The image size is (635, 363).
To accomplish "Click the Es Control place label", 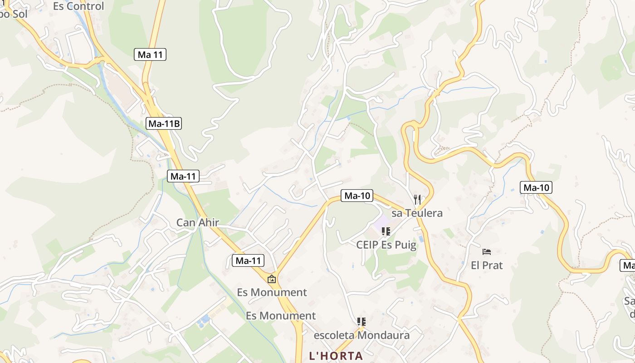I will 78,6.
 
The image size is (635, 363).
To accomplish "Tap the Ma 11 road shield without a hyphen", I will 150,54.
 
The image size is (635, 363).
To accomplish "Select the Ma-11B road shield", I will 164,123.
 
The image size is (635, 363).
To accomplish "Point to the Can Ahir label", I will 197,222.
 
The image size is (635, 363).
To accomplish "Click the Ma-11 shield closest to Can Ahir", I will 183,176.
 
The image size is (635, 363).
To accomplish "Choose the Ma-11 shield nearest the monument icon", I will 248,260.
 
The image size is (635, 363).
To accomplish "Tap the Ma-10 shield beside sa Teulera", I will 357,196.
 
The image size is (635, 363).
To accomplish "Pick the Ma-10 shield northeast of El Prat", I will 536,187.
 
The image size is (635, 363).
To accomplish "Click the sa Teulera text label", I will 417,213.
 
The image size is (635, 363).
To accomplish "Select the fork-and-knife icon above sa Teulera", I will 417,199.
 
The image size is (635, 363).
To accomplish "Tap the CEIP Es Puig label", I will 386,245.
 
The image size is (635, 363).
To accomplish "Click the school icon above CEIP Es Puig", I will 386,232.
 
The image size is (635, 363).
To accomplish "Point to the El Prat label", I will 487,265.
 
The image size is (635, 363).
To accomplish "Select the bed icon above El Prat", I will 487,251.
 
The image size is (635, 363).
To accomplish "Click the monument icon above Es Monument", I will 272,279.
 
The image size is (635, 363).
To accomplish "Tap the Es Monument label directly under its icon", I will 272,292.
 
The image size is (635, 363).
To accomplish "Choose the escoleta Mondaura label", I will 361,335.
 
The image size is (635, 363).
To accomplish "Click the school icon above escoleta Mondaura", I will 361,322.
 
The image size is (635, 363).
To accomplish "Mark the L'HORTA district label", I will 336,356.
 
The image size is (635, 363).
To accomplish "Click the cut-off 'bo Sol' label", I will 14,14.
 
